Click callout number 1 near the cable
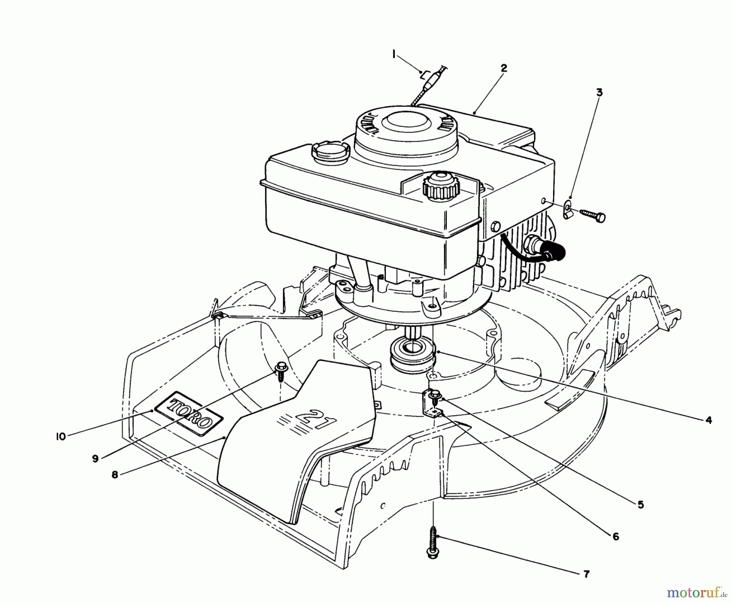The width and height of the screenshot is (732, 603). [394, 54]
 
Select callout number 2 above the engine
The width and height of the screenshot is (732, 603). [503, 68]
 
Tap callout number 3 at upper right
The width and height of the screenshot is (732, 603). [599, 93]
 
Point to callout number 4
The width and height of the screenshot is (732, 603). [708, 420]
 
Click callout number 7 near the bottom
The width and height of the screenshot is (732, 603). [586, 574]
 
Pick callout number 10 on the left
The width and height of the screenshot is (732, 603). [61, 437]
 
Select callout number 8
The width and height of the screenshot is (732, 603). [115, 475]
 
